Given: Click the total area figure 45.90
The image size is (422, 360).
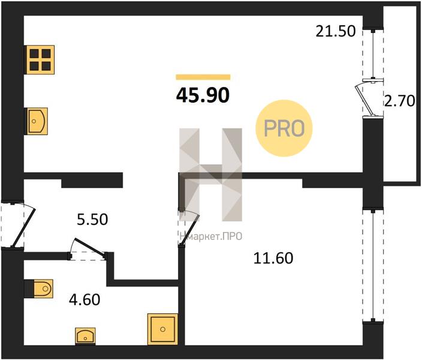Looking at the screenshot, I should (x=203, y=95).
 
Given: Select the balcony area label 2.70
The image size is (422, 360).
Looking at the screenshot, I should (x=399, y=101).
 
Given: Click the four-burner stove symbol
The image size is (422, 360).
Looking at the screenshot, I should (x=40, y=59).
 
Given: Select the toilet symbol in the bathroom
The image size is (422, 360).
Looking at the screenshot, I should (x=39, y=289).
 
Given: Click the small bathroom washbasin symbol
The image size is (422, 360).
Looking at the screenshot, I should (x=86, y=337).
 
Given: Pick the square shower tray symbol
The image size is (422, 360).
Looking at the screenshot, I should (x=162, y=328).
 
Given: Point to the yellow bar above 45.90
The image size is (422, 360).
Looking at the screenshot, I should (x=203, y=77).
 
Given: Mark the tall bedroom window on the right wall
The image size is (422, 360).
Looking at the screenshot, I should (x=372, y=265).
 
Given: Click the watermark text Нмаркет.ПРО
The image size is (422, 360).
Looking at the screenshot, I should (x=210, y=237).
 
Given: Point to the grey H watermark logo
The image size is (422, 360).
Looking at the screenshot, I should (x=211, y=174).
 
